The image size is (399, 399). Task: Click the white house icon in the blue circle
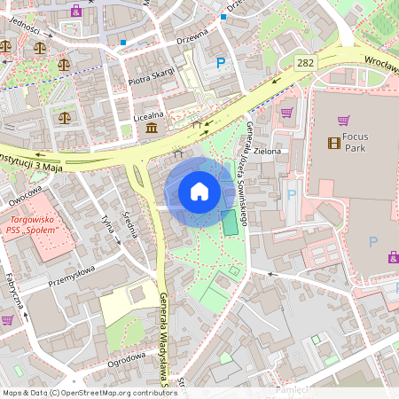pyautogui.click(x=199, y=192)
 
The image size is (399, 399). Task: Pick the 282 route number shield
pyautogui.click(x=306, y=62)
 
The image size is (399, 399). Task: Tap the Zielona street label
pyautogui.click(x=266, y=152)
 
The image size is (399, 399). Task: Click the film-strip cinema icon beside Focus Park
pyautogui.click(x=333, y=142)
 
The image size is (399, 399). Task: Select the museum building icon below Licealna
pyautogui.click(x=152, y=129)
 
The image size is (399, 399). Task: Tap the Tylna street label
pyautogui.click(x=110, y=229)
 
